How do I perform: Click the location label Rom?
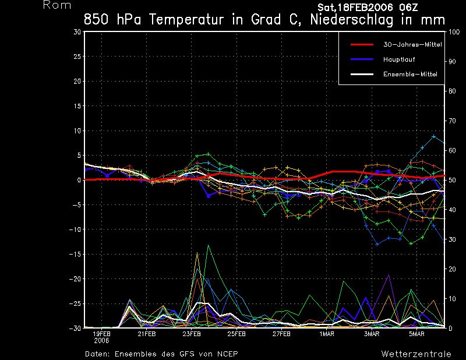(x=57, y=6)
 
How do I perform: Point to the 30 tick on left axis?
(x=77, y=32)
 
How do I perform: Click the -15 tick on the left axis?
(x=76, y=254)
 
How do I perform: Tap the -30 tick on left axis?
(x=76, y=328)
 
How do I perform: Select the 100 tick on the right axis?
(x=453, y=32)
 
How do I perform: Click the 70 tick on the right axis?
(x=451, y=121)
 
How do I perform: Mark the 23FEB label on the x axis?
(x=192, y=334)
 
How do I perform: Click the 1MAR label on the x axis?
(x=327, y=334)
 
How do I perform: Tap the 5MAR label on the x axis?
(x=416, y=334)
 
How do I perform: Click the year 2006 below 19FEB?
(x=101, y=341)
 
